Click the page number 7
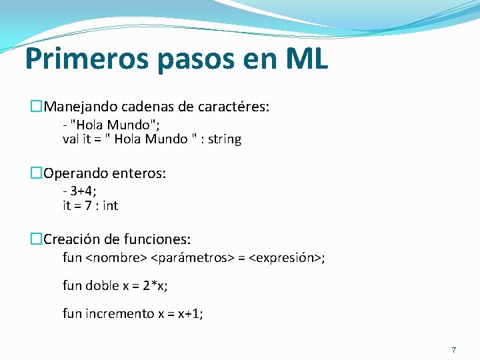point(454,350)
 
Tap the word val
point(71,139)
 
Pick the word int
point(110,206)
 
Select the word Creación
point(69,239)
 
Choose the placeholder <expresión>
point(285,257)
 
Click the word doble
point(103,285)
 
